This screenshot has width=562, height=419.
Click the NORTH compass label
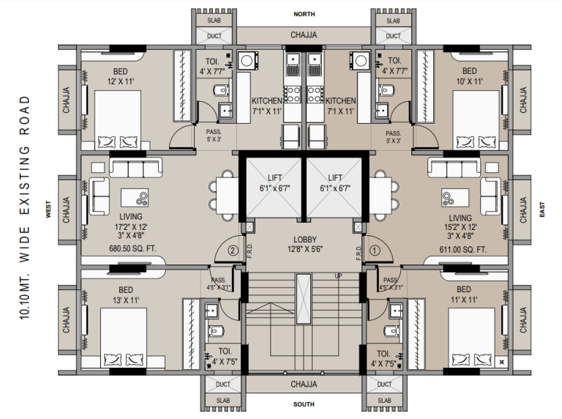[304, 14]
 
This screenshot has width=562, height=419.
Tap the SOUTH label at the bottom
[304, 404]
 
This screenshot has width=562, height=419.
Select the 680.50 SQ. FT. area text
[132, 248]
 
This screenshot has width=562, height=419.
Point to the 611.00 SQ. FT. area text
[463, 250]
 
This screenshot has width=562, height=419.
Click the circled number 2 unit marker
[233, 251]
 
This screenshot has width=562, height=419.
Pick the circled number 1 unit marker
[375, 251]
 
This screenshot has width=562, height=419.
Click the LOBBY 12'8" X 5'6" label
[305, 244]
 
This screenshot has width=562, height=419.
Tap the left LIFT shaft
[274, 188]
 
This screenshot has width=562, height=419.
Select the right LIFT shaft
[334, 188]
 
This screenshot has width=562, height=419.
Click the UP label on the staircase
[338, 276]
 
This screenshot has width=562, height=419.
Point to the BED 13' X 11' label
[126, 295]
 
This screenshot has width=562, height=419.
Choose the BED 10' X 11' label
[469, 76]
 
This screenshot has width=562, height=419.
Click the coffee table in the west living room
[135, 198]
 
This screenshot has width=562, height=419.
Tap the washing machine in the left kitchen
[246, 61]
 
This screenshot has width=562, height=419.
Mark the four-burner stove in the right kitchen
[315, 94]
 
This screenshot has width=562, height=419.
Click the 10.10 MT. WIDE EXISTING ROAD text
[24, 208]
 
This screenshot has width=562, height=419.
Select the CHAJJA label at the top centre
[304, 35]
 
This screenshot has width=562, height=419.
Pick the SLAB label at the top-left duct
[214, 21]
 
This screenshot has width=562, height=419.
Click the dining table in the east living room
[381, 196]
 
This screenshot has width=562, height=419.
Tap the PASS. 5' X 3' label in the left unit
[214, 136]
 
